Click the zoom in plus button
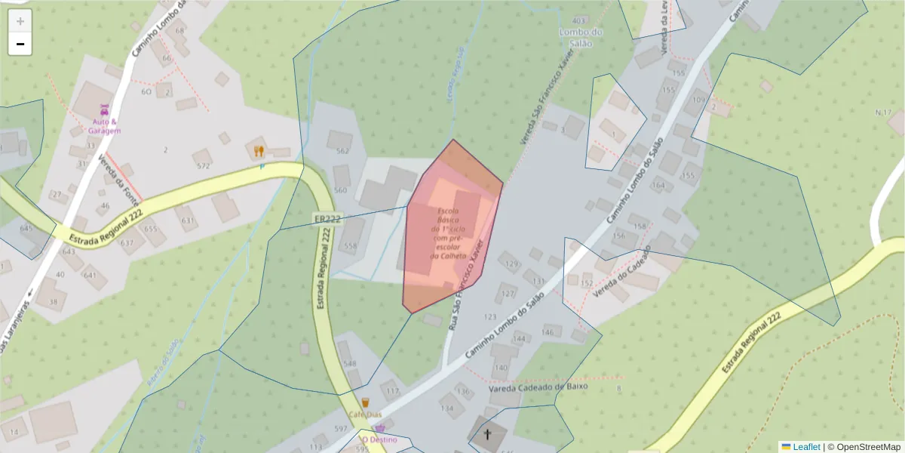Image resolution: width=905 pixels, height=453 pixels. (20, 22)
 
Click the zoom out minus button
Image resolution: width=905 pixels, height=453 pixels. (20, 45)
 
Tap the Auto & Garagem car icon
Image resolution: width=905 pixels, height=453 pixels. (105, 108)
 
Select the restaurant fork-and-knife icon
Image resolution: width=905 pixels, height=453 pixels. (259, 151)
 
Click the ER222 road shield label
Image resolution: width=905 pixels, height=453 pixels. (327, 219)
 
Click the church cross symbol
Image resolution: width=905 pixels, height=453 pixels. (487, 434)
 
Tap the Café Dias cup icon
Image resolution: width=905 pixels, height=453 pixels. (366, 402)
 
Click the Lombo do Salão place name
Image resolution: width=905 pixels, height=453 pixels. (581, 37)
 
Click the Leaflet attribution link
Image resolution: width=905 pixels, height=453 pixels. (806, 447)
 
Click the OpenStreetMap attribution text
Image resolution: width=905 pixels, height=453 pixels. (864, 447)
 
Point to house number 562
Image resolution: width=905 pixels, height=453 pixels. (343, 150)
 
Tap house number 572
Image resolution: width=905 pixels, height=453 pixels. (203, 165)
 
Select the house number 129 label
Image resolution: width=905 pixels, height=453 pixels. (512, 264)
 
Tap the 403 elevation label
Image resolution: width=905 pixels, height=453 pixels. (579, 20)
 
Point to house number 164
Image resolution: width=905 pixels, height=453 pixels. (658, 185)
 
